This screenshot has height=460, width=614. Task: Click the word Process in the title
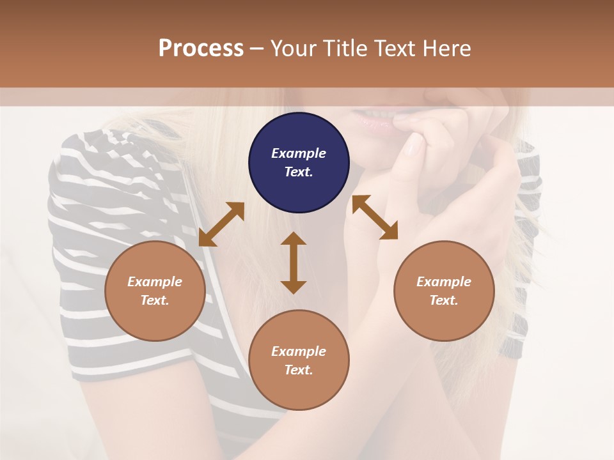click(x=201, y=49)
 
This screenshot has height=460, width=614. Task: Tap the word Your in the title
click(x=293, y=49)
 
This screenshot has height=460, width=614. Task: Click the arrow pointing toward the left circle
click(x=221, y=224)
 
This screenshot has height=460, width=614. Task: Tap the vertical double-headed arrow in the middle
click(x=294, y=263)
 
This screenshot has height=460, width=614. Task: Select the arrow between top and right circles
click(x=375, y=217)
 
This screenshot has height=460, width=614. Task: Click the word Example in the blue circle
click(x=299, y=153)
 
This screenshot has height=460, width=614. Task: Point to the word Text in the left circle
click(x=155, y=300)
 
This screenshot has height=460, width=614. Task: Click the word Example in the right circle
click(x=444, y=282)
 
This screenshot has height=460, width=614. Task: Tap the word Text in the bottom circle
click(x=299, y=370)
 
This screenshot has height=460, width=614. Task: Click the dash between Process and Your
click(x=257, y=49)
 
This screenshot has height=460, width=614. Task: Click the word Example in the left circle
click(x=155, y=282)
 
